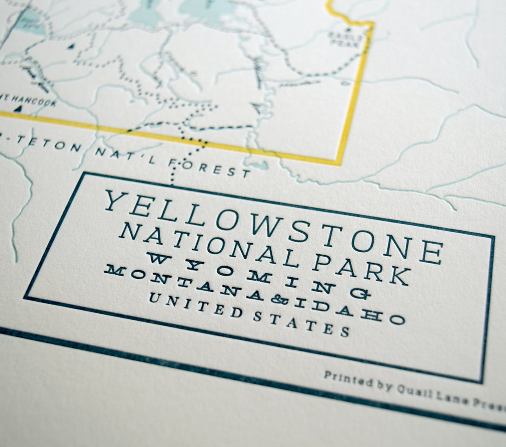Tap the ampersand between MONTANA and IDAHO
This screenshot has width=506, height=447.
pyautogui.click(x=279, y=299)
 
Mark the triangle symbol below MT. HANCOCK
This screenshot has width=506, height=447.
pyautogui.click(x=18, y=109)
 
